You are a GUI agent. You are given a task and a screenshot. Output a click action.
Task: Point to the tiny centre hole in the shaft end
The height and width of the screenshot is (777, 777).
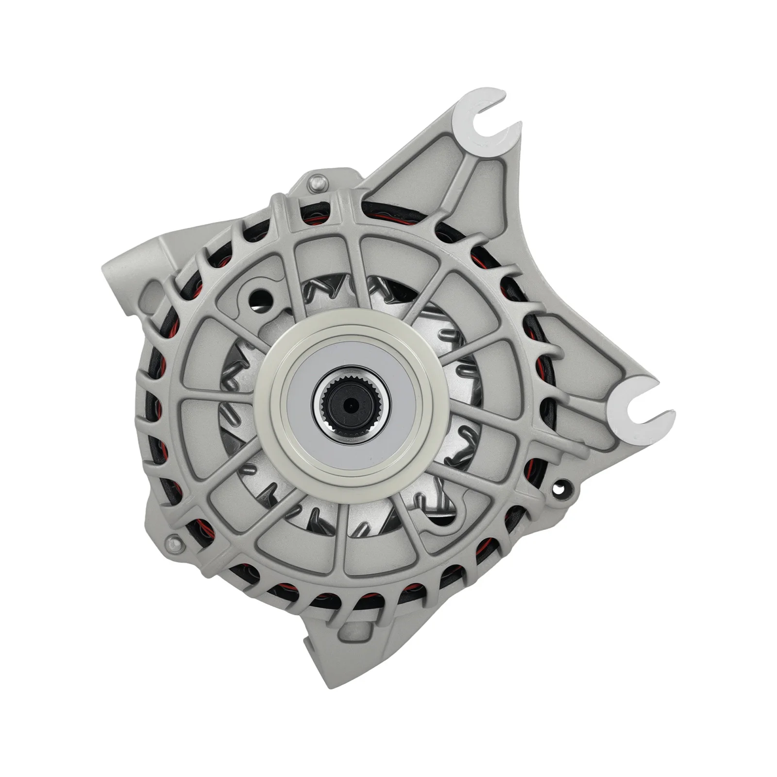tap(349, 403)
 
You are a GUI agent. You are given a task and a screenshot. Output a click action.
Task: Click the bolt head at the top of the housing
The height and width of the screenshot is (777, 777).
tap(316, 181)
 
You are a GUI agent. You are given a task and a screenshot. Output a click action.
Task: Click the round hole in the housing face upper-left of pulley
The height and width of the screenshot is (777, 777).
tap(266, 295)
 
